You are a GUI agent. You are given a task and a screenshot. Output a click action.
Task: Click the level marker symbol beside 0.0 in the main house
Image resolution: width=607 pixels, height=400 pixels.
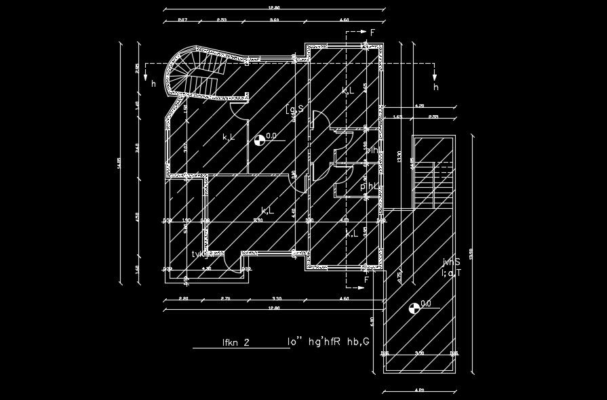[x=258, y=140]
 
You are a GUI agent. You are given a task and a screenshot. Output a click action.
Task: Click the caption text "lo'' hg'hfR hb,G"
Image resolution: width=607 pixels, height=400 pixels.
[x=328, y=342]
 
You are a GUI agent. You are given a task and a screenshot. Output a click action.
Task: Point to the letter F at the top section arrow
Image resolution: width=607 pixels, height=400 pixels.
[x=372, y=32]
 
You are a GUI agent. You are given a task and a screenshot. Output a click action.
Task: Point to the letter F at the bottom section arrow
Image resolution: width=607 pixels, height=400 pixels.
[x=366, y=279]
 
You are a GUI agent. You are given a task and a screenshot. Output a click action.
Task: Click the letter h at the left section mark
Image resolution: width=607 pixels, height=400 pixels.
[x=153, y=84]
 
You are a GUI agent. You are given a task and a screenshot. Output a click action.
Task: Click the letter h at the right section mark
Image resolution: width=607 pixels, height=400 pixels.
[x=435, y=87]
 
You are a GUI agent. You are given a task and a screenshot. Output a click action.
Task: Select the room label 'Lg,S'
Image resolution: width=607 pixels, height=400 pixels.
[x=294, y=109]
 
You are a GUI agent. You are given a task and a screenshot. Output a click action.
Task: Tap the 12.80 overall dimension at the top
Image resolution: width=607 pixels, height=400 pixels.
[x=274, y=8]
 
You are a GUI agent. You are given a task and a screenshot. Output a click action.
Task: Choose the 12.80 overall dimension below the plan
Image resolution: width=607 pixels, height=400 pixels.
[x=274, y=308]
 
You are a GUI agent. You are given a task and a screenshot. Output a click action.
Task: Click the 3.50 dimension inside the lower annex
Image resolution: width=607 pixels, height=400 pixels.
[x=420, y=353]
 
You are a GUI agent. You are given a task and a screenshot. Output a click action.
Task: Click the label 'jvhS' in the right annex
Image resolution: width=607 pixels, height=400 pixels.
[x=452, y=262]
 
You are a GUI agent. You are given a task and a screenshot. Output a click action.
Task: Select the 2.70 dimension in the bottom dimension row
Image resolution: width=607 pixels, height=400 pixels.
[x=226, y=298]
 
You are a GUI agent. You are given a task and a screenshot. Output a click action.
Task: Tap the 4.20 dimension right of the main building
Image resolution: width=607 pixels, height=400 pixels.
[x=418, y=106]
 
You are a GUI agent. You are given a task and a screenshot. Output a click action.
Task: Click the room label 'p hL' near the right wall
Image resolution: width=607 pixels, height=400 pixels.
[x=370, y=186]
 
